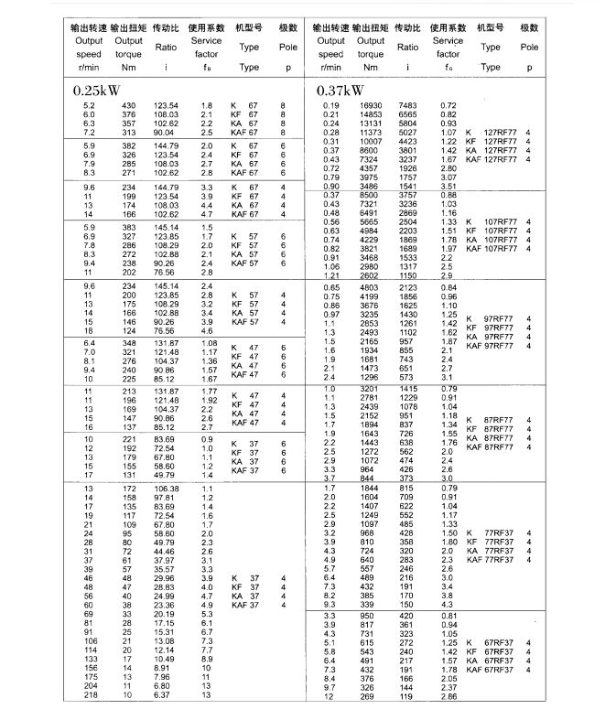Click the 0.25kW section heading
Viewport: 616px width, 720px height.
click(x=96, y=91)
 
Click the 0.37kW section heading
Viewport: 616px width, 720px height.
click(x=340, y=91)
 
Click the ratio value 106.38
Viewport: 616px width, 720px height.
click(x=166, y=489)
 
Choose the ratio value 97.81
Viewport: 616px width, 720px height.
click(x=166, y=497)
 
